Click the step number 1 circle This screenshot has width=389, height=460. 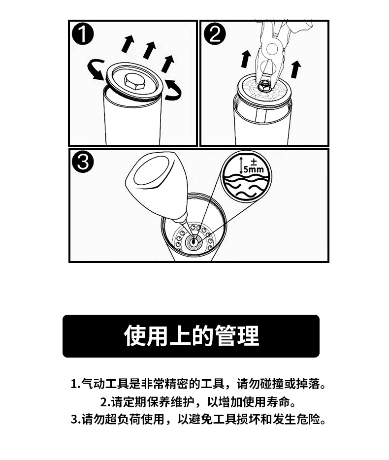pos(83,34)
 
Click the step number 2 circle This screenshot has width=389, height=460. pos(215,34)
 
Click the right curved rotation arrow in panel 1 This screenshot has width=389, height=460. pos(173,90)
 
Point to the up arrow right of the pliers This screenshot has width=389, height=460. pos(295,69)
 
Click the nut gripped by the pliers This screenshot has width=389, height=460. pos(263,85)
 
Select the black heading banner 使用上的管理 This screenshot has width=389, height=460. pos(191,336)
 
